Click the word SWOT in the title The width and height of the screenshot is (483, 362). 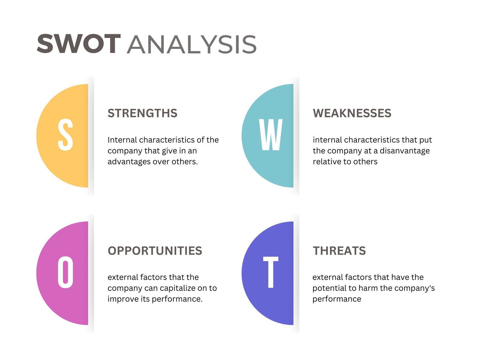tap(79, 44)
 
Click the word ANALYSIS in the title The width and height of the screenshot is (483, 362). tap(192, 45)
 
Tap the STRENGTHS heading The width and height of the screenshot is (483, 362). tap(142, 113)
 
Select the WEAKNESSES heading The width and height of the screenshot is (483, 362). tap(352, 113)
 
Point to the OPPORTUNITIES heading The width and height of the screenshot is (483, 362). tap(155, 251)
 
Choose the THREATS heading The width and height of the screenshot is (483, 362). tap(339, 251)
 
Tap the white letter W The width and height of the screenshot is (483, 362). tap(271, 135)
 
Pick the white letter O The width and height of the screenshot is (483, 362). tap(66, 272)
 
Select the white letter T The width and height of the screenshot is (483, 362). tap(271, 272)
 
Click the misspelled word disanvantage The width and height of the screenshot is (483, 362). tap(405, 151)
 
